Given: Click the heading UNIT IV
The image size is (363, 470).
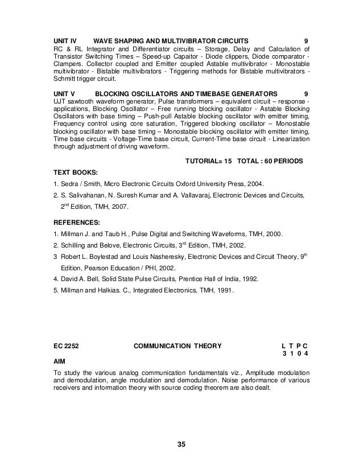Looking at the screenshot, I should pos(64,41).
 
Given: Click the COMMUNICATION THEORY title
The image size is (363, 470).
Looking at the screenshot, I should pos(178,345).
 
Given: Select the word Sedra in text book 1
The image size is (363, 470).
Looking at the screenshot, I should pos(68,183).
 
